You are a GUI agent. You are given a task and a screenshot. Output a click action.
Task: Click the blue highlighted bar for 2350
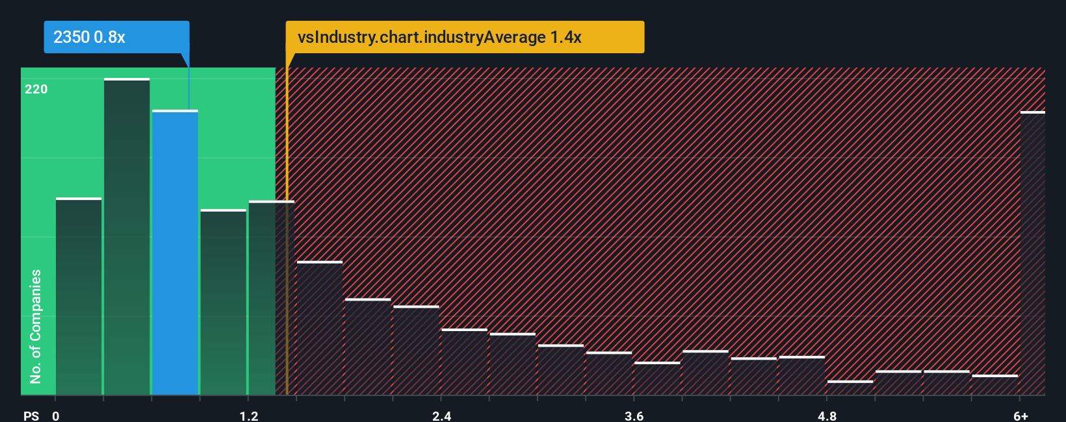tap(175, 253)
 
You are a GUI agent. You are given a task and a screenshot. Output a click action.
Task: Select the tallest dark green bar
tap(127, 237)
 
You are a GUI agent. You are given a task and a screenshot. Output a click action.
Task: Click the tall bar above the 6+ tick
tap(1032, 253)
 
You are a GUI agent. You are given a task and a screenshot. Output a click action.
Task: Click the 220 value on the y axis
tap(36, 90)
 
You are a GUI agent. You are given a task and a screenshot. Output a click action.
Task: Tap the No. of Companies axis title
tap(36, 326)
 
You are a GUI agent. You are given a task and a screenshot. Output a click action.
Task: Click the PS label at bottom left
tap(31, 416)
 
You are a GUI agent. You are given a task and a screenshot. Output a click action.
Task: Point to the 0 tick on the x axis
tap(56, 416)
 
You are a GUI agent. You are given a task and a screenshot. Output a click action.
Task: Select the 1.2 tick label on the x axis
tap(248, 416)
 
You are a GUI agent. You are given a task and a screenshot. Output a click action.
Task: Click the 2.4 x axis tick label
tap(441, 416)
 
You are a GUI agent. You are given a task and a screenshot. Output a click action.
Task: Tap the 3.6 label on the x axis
tap(634, 416)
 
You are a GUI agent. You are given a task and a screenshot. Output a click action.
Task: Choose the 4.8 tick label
tap(827, 416)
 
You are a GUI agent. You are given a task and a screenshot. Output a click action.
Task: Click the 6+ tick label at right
tap(1020, 416)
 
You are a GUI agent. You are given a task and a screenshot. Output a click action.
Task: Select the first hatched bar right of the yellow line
tap(319, 328)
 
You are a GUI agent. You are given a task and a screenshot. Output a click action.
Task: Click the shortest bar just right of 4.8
tap(850, 388)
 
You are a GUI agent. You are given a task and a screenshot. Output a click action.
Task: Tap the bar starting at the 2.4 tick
tap(464, 362)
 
